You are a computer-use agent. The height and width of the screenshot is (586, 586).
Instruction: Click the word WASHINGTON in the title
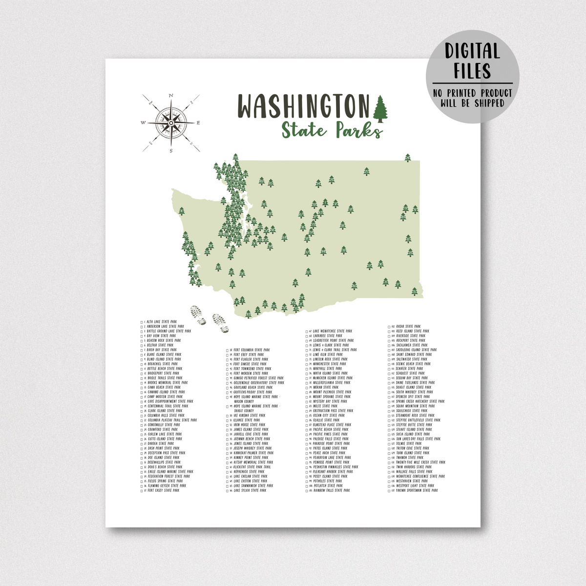[303, 105]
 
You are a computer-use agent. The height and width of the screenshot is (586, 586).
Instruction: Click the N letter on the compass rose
[170, 96]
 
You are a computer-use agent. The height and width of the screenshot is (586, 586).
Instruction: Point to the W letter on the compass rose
[143, 123]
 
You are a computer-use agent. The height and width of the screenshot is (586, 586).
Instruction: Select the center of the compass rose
[170, 123]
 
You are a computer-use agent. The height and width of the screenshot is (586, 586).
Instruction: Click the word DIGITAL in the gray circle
[472, 51]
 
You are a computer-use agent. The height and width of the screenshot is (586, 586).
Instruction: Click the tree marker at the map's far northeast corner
[408, 157]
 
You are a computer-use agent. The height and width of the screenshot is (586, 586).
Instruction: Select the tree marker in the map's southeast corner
[415, 292]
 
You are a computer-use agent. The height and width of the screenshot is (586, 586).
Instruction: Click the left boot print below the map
[197, 314]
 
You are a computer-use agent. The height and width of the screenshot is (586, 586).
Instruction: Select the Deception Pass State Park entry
[166, 453]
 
